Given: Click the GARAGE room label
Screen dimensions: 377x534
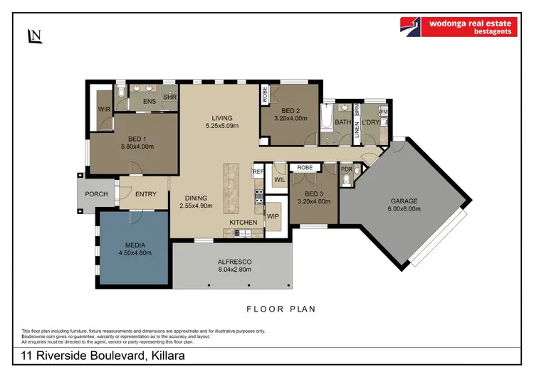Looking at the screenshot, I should pos(403,201).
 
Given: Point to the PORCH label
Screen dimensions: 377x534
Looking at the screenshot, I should pos(96,194).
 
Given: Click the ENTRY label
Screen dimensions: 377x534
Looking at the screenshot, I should pos(145,194).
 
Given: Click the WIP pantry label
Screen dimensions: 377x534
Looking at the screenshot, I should pos(273,214).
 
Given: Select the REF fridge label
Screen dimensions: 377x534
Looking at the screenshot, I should pos(258,171).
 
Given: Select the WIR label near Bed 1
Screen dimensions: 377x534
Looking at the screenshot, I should pos(104,109).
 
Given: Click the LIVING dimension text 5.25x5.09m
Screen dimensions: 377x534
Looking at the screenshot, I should pos(222,127).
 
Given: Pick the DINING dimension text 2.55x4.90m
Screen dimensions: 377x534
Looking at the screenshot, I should pos(196,207).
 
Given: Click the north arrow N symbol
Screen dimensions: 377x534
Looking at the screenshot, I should pos(33,36).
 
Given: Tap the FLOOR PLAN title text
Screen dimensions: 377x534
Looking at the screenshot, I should pos(281,309).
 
